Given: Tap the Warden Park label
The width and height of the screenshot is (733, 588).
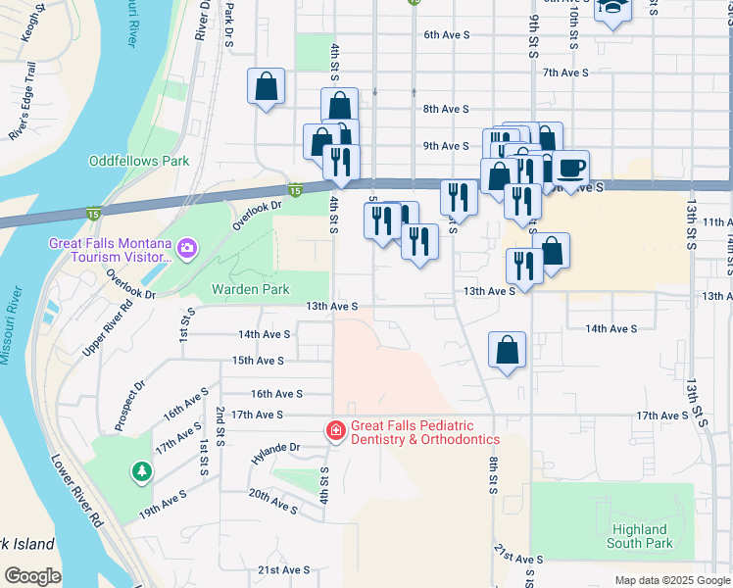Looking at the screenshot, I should pos(250,289).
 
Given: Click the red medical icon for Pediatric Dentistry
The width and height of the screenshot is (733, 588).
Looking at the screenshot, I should pos(335,430).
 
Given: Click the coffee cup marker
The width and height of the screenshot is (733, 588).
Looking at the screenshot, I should pos(570,166).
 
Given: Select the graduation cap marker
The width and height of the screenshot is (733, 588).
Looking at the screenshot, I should pos(612,8).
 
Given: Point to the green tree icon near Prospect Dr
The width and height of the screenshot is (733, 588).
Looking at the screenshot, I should pos(143,472).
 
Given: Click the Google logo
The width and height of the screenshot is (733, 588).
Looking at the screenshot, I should pos(32,576).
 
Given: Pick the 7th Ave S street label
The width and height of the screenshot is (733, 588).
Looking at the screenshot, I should pos(565,72).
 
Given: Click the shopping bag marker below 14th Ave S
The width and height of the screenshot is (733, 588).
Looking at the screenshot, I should pos(507,350).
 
